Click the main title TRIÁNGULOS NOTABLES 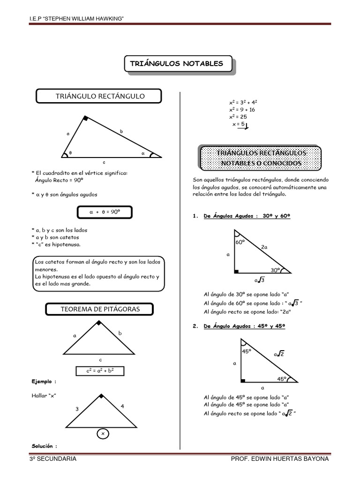(178, 64)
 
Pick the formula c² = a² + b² (100, 371)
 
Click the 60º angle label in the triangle (240, 242)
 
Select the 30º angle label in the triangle (275, 270)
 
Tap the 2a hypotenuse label (264, 247)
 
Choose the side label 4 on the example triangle (122, 406)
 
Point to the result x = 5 (238, 124)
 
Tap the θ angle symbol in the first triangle (70, 153)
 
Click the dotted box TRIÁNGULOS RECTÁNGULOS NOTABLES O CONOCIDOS (261, 158)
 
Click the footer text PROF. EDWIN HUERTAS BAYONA (280, 459)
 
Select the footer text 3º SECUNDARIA (52, 459)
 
